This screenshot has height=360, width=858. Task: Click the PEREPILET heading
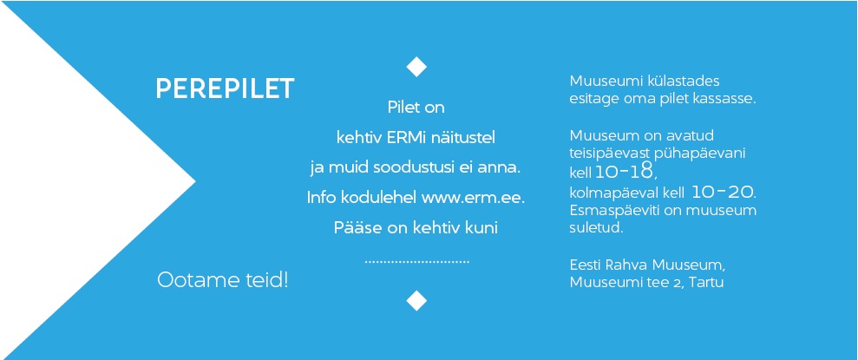coord(225,88)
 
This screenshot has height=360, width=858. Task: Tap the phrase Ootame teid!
coord(223,280)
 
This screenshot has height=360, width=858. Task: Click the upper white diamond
coord(416,67)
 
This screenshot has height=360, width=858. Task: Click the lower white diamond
coord(416,300)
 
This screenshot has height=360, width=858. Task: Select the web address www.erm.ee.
coord(472,198)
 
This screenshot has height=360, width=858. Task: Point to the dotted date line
coord(417,262)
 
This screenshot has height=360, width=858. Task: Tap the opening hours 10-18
coord(625,173)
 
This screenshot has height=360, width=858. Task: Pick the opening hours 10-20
coord(723,193)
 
